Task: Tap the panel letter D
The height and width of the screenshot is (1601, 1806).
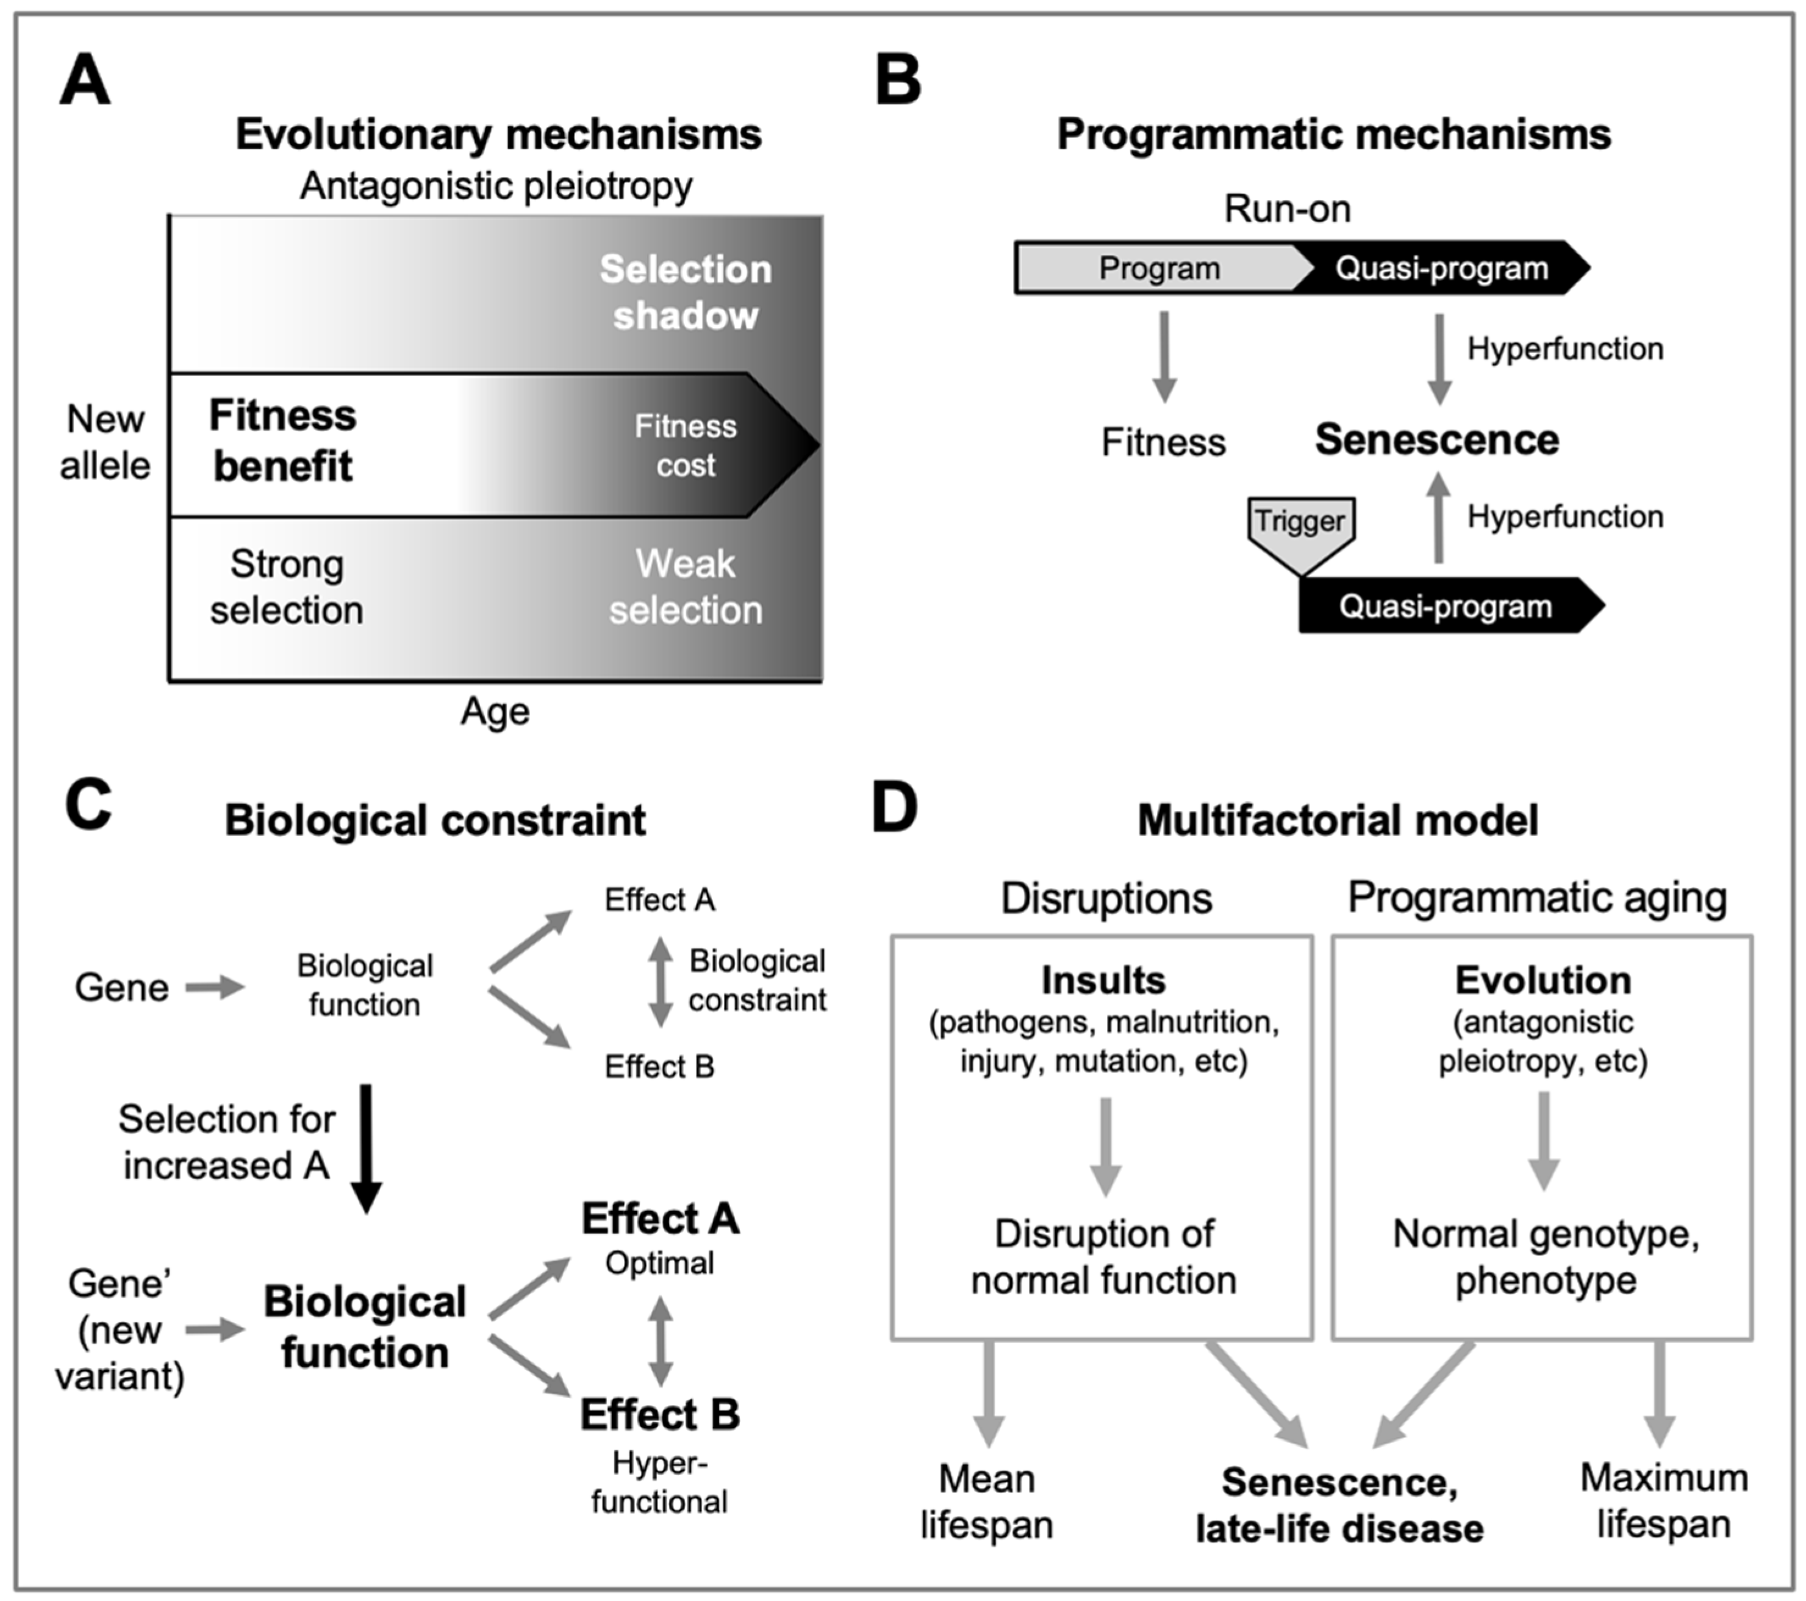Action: [x=894, y=806]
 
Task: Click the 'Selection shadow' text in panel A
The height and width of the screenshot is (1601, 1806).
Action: [x=685, y=292]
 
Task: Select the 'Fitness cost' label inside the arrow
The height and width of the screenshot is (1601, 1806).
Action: [x=685, y=446]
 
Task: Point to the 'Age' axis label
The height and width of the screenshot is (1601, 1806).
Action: [x=495, y=710]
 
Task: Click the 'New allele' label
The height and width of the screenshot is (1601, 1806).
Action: [x=105, y=442]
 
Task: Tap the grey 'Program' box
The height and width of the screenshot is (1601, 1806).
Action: [x=1158, y=268]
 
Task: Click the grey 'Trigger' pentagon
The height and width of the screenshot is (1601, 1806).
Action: [x=1300, y=529]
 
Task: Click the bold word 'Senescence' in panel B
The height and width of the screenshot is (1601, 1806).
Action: [x=1436, y=439]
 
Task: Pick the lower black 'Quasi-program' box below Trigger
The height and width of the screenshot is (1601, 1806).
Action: [x=1446, y=607]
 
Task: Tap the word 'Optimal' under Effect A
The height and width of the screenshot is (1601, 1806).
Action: [x=659, y=1263]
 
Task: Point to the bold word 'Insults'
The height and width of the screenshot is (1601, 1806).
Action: [x=1103, y=980]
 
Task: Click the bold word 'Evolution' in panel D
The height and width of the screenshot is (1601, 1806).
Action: [x=1543, y=980]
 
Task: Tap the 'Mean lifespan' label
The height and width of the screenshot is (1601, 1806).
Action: [x=986, y=1501]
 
